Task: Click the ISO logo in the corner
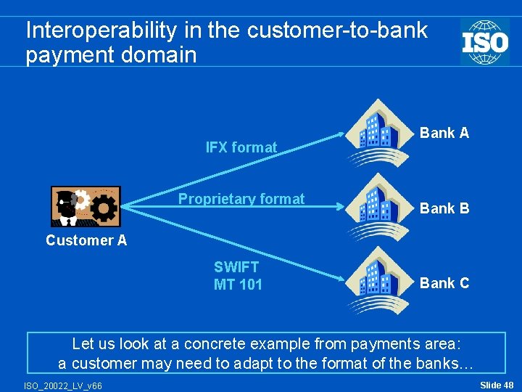(484, 41)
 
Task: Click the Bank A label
(444, 133)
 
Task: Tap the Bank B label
(444, 208)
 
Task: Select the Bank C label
(444, 283)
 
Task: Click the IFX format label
(241, 147)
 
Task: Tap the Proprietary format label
(241, 199)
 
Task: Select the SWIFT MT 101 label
(238, 276)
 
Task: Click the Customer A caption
(86, 240)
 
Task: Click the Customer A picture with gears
(84, 206)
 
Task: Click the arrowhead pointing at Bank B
(344, 207)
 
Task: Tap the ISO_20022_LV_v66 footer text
(63, 385)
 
